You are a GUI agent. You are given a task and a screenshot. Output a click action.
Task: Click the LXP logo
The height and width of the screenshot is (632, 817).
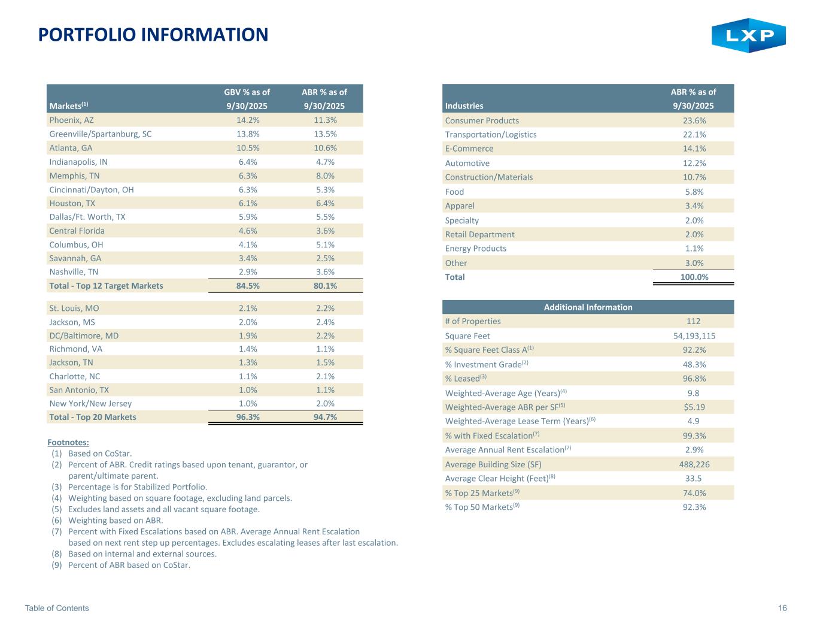pos(748,35)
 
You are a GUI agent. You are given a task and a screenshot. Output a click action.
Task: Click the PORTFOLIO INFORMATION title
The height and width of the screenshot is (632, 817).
pos(153,35)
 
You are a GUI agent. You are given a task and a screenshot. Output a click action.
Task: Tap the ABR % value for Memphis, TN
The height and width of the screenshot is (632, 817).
pos(324,176)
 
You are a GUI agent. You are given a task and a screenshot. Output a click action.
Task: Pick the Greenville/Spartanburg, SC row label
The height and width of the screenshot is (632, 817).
pos(101,134)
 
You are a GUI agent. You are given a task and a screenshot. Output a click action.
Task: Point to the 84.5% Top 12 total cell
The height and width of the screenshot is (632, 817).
pos(247,286)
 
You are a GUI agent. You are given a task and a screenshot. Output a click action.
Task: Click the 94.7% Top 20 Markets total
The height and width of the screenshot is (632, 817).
pos(324,417)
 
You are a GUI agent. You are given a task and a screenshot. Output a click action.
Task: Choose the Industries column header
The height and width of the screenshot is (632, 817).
pos(464,106)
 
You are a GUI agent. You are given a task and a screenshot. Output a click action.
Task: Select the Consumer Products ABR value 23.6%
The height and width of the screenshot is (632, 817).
pos(694,120)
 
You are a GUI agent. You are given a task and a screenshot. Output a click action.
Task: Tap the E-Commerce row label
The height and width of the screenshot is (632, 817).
pos(469,149)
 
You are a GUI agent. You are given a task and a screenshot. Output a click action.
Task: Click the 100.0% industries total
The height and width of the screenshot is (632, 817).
pos(694,277)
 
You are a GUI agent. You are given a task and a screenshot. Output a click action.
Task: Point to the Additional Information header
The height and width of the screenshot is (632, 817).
pos(588,307)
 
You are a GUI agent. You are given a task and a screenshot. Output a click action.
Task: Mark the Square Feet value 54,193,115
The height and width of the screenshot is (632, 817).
pos(694,336)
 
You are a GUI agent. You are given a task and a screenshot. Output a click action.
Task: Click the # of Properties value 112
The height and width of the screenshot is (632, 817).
pos(694,321)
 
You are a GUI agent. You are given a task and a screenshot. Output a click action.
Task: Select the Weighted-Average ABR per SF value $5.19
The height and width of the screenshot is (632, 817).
pos(694,407)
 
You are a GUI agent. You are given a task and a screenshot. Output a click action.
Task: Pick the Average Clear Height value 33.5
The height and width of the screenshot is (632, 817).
pos(694,479)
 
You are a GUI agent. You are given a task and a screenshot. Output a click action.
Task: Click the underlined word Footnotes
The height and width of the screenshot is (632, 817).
pos(68,443)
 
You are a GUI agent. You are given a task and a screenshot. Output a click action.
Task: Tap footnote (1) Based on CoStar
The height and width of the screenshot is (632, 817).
pos(99,453)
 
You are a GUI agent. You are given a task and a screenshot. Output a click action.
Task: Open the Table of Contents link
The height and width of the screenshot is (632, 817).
pos(57,608)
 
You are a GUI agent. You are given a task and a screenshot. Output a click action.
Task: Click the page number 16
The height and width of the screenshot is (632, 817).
pos(782,608)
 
